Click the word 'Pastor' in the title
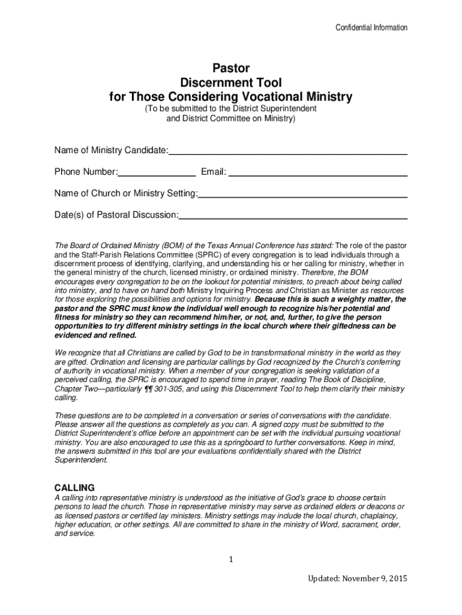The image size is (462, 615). [231, 68]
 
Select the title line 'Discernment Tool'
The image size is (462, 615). [231, 82]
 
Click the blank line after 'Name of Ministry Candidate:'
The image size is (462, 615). [288, 151]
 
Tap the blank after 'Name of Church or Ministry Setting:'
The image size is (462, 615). [303, 195]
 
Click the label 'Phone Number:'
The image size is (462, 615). [86, 173]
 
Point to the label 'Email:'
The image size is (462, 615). [214, 173]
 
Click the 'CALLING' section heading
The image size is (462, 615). [74, 487]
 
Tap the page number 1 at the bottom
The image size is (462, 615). [230, 560]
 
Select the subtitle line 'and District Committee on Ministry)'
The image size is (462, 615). [231, 118]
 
